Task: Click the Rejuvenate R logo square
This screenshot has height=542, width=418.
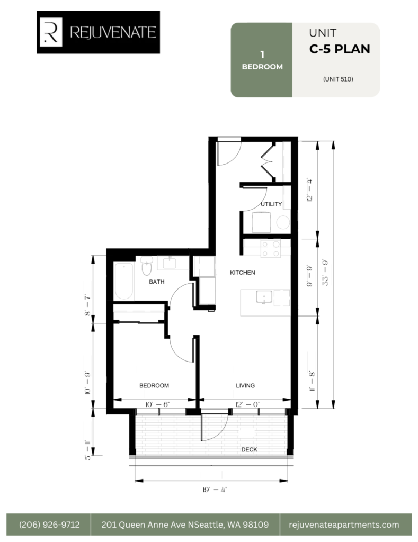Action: click(x=51, y=32)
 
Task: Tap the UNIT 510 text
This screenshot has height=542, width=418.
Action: click(x=338, y=79)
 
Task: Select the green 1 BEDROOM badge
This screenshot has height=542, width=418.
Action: click(x=262, y=60)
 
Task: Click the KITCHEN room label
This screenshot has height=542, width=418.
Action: click(x=243, y=273)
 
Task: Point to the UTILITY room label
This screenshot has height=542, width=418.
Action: click(x=271, y=204)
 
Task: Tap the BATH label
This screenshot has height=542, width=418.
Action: click(x=157, y=282)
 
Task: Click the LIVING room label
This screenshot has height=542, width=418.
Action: click(x=245, y=385)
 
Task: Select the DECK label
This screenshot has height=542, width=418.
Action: click(x=249, y=449)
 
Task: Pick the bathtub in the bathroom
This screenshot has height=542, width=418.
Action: click(x=124, y=281)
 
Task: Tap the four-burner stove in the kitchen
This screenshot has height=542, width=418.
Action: click(x=271, y=249)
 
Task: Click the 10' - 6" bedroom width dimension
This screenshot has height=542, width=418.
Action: click(x=157, y=404)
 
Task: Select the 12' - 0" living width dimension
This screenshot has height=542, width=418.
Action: click(x=247, y=404)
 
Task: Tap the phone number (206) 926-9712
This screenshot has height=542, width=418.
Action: click(x=49, y=525)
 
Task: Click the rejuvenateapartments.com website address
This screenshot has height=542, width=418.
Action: click(x=344, y=525)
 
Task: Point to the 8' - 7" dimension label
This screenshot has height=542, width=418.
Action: click(x=87, y=305)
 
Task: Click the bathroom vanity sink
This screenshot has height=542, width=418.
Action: click(x=170, y=263)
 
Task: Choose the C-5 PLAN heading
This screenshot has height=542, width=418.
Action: click(x=340, y=49)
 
